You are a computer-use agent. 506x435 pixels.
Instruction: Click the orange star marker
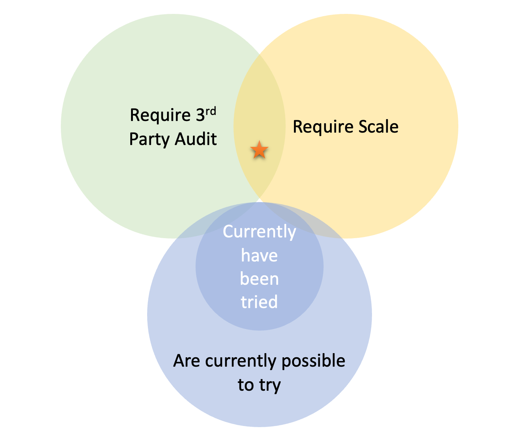pos(259,150)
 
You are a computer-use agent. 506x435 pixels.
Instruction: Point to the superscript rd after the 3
pos(211,112)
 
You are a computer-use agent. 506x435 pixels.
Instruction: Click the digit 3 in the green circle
pos(200,115)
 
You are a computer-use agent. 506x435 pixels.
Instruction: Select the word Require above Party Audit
pos(160,115)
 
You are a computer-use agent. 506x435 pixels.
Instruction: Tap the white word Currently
pos(259,232)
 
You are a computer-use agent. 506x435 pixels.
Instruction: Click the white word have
pos(259,256)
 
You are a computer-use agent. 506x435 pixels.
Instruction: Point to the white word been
pos(259,279)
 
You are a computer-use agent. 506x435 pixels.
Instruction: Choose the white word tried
pos(259,302)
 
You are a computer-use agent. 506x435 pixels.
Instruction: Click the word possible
pos(313,361)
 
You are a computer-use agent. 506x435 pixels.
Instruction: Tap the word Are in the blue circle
pos(187,361)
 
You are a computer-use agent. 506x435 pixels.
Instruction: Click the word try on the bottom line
pos(270,386)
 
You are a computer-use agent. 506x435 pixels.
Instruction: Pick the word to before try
pos(245,385)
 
